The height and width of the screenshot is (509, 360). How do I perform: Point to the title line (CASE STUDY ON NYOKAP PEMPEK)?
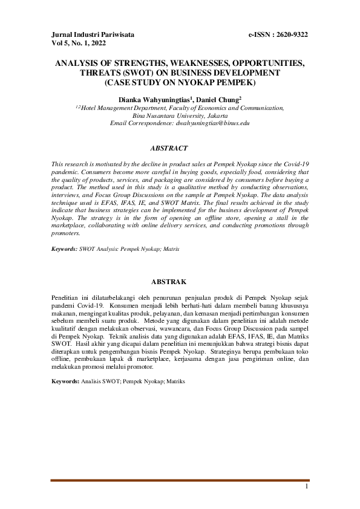pyautogui.click(x=180, y=82)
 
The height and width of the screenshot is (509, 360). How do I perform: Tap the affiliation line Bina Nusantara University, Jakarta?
pyautogui.click(x=180, y=115)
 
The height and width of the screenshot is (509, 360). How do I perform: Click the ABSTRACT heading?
pyautogui.click(x=169, y=148)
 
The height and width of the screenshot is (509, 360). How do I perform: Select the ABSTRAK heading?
pyautogui.click(x=169, y=282)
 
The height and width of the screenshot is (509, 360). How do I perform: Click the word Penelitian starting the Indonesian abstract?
pyautogui.click(x=66, y=299)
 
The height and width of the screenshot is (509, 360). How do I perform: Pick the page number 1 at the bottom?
pyautogui.click(x=307, y=487)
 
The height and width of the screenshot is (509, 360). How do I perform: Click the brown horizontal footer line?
pyautogui.click(x=180, y=480)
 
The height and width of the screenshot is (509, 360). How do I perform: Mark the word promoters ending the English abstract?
pyautogui.click(x=66, y=233)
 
